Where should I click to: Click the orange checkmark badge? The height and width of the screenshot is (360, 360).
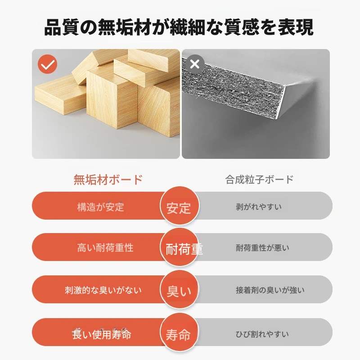tap(48, 64)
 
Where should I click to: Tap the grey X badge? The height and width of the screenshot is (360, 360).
tap(195, 64)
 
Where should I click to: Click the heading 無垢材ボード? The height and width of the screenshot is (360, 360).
tap(108, 180)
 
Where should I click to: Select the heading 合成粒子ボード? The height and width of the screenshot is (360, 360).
tap(260, 179)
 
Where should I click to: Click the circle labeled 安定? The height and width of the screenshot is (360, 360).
tap(179, 206)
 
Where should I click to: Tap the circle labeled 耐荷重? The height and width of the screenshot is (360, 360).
tap(179, 247)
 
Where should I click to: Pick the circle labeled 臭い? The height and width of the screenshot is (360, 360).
tap(179, 289)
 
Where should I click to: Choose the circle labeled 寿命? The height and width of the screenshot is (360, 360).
tap(179, 332)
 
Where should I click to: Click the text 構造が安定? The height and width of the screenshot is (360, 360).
tap(100, 207)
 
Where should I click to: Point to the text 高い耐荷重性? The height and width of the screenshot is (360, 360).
tap(105, 248)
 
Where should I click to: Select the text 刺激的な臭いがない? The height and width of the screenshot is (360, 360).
tap(103, 290)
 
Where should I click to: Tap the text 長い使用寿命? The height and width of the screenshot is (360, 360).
tap(102, 334)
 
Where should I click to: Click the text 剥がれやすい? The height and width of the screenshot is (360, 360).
tap(258, 207)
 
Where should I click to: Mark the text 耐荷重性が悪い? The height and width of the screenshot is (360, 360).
tap(262, 248)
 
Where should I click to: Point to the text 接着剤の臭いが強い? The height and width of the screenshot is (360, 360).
tap(270, 290)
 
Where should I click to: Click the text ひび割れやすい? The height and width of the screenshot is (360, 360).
tap(262, 334)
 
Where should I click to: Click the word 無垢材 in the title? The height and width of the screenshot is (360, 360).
tap(125, 27)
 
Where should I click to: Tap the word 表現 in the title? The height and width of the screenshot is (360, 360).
tap(296, 27)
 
